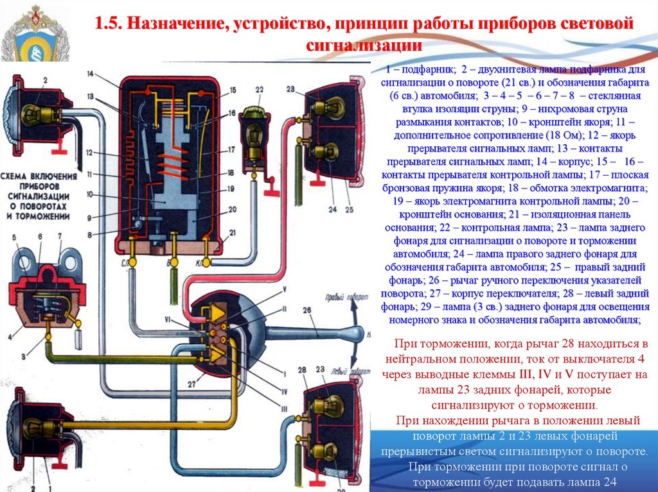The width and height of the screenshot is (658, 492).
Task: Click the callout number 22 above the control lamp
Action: [259, 90]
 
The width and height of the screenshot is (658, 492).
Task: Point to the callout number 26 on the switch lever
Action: [307, 312]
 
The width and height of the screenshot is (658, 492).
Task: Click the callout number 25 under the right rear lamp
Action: [349, 209]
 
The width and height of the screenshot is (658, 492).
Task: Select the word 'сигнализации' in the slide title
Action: [364, 46]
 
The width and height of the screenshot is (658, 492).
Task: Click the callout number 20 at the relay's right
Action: [232, 208]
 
